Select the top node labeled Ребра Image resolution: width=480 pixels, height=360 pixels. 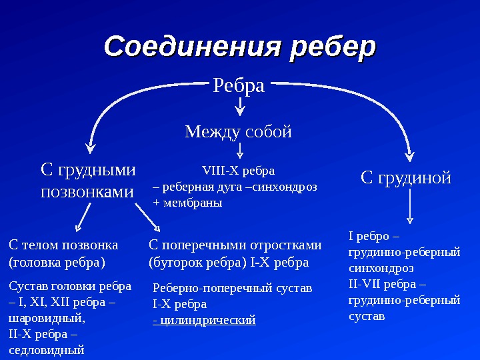click(x=239, y=85)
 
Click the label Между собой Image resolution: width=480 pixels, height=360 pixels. click(x=239, y=131)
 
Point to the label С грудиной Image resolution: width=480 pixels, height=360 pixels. click(x=406, y=177)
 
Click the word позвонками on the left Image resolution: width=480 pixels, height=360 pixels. click(x=87, y=192)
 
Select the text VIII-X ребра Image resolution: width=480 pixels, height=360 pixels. click(x=238, y=169)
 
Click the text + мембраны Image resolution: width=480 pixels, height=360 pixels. click(x=187, y=203)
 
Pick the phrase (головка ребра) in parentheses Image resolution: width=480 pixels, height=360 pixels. click(x=57, y=262)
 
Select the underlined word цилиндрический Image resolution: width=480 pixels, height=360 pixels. click(x=207, y=320)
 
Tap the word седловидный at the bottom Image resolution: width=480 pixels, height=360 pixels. click(x=47, y=349)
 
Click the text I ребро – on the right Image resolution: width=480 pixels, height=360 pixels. click(x=373, y=236)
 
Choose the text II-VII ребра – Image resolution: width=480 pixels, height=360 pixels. click(x=383, y=284)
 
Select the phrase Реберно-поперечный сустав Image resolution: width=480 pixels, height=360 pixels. click(x=233, y=288)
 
